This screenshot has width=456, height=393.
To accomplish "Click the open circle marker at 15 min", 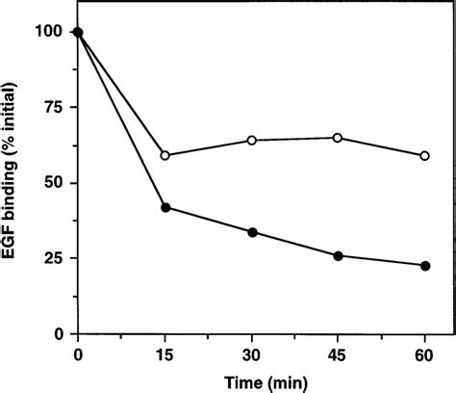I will [x=165, y=155].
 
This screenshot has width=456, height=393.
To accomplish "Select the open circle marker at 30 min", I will [x=252, y=141].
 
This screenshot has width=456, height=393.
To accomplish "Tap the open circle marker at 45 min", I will [x=338, y=138].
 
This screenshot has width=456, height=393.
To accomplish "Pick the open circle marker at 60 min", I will [x=425, y=155].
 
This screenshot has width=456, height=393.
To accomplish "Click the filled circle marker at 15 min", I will [x=165, y=207].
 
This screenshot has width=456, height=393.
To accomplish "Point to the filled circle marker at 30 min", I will [x=252, y=232].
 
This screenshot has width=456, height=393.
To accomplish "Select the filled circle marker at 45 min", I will [x=338, y=255].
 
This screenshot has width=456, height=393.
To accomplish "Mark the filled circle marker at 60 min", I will [x=425, y=266].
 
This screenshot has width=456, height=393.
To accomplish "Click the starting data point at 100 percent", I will [x=78, y=33].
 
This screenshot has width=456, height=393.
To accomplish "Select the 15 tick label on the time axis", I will [x=165, y=353].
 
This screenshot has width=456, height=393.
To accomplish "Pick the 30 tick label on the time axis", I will [x=252, y=353].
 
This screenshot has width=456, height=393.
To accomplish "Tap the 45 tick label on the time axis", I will [x=338, y=353].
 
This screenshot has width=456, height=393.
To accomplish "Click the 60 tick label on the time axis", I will [x=425, y=353].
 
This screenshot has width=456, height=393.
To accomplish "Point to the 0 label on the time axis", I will [x=78, y=353].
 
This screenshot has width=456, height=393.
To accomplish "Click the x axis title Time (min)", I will [x=252, y=380].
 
